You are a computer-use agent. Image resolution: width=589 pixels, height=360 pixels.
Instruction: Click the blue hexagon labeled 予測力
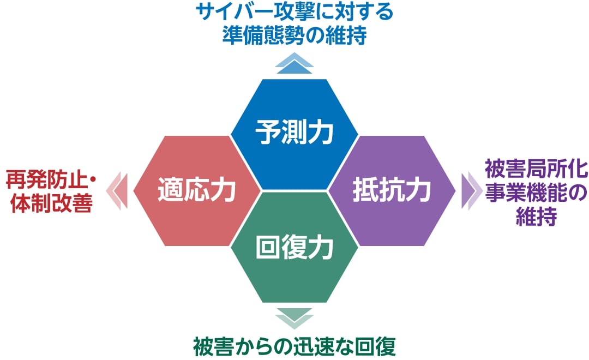click(x=294, y=134)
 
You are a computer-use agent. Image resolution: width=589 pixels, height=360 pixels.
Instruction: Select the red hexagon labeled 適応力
click(x=197, y=191)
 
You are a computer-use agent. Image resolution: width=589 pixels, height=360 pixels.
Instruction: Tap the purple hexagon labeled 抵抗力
click(x=392, y=191)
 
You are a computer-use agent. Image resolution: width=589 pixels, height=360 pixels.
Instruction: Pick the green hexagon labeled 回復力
click(x=294, y=247)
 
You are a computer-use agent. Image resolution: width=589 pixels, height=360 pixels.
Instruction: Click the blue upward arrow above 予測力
click(x=294, y=63)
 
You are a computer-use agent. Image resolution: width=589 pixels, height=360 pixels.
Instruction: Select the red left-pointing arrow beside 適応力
click(x=117, y=191)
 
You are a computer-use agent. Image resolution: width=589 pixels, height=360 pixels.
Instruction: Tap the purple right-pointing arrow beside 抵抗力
click(x=472, y=191)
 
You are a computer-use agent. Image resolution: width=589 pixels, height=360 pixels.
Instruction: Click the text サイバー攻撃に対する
click(x=294, y=12)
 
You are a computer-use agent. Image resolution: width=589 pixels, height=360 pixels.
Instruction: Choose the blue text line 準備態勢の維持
click(x=294, y=35)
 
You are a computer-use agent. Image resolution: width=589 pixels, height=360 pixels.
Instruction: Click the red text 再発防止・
click(x=51, y=180)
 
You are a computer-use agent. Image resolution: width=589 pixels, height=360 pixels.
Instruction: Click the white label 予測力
click(x=294, y=132)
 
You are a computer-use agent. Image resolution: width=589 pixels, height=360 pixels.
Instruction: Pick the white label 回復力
click(x=294, y=247)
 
